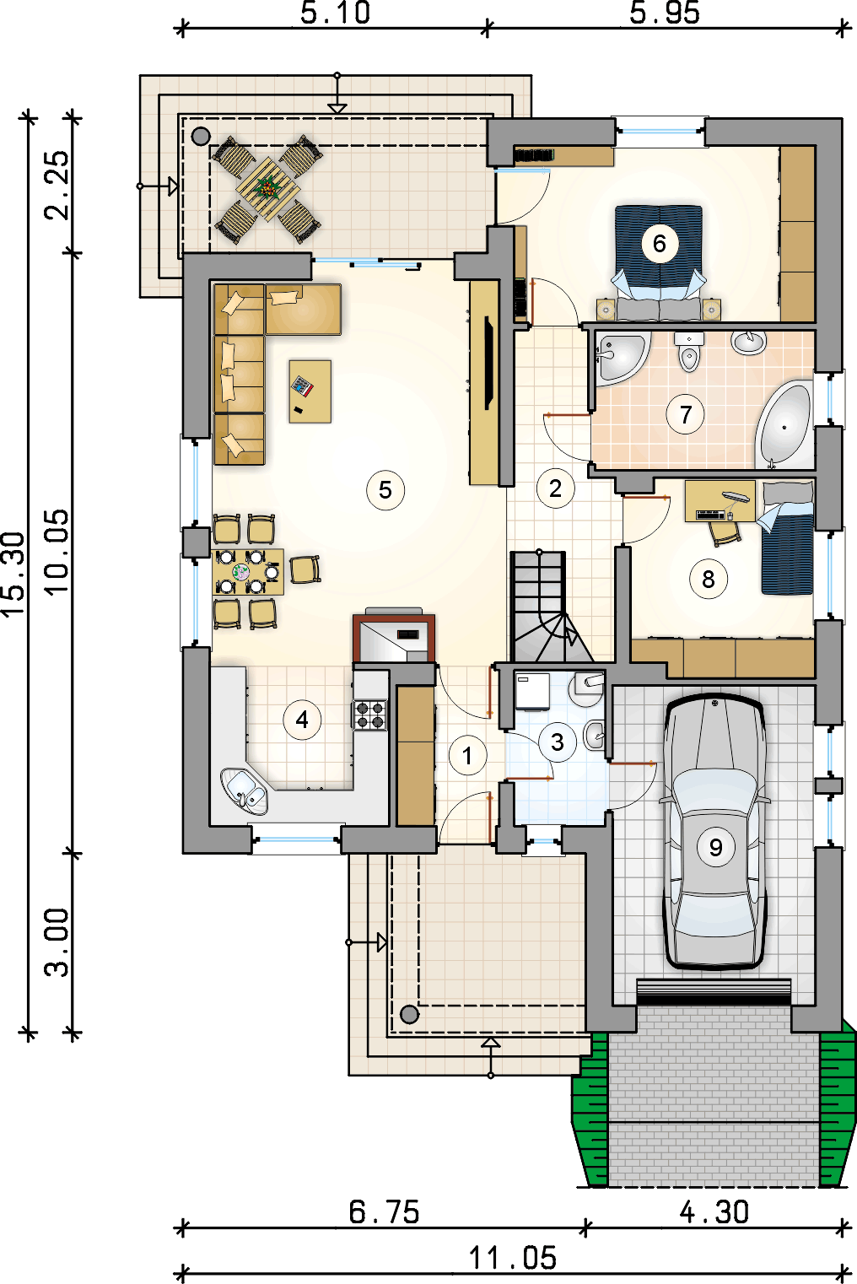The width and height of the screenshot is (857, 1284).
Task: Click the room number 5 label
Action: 385,490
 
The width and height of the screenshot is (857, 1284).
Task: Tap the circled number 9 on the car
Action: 715,847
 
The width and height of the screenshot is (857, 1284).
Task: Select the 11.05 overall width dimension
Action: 513,1258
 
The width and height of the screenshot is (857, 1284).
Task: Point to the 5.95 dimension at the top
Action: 665,13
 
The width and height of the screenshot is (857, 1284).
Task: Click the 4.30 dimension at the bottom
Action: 714,1213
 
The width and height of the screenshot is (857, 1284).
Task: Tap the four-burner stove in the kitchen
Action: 369,715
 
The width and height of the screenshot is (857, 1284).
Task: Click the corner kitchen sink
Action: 244,790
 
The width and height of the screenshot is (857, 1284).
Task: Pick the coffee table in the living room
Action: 310,391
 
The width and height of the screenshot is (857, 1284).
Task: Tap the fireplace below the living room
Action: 394,638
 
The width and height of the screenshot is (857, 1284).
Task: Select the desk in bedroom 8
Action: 720,501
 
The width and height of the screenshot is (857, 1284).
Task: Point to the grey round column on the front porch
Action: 409,1015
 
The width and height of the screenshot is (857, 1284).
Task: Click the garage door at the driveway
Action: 714,991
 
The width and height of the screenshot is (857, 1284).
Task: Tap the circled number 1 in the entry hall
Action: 468,756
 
